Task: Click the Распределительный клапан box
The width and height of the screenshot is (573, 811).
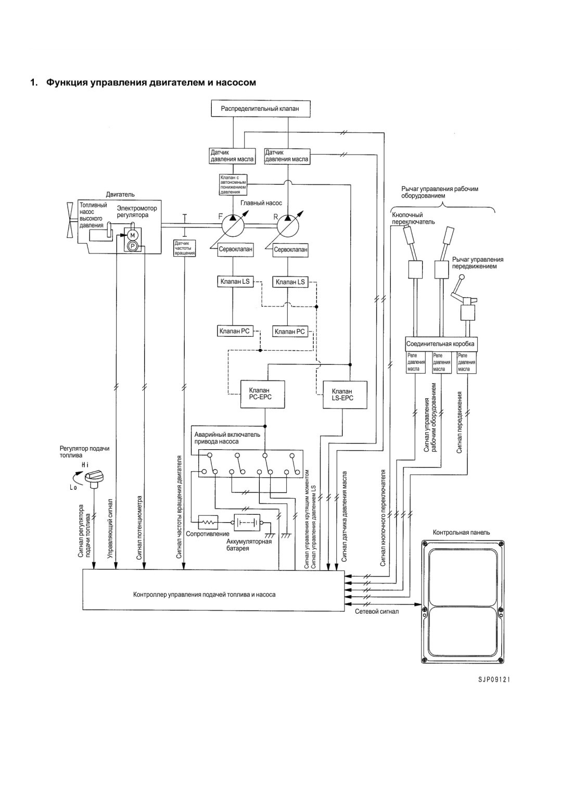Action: (260, 108)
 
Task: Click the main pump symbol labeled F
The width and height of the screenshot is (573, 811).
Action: (233, 225)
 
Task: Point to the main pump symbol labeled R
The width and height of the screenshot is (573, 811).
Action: (288, 225)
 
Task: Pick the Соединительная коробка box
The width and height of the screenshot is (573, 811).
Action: (440, 344)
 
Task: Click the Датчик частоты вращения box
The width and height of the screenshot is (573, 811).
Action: (185, 248)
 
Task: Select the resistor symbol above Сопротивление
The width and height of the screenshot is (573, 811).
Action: (208, 522)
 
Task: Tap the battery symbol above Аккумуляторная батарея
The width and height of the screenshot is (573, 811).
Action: (247, 523)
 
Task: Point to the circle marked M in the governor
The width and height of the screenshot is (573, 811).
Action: (132, 235)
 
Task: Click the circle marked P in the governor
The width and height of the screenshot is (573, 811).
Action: (132, 247)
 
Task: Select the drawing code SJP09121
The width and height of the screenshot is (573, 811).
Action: (493, 680)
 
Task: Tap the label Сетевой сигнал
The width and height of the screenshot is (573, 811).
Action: (377, 612)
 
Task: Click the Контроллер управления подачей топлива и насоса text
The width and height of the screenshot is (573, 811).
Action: (204, 594)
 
